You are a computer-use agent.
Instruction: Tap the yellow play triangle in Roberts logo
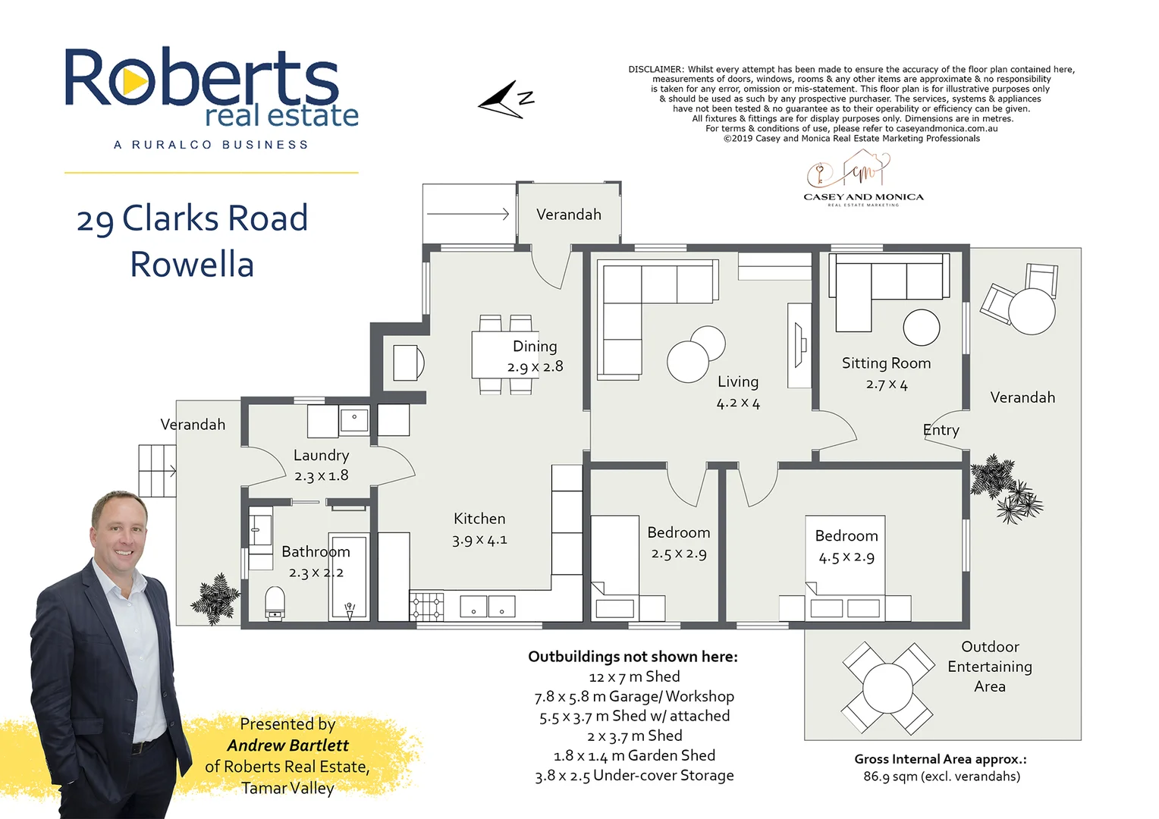[x=134, y=81]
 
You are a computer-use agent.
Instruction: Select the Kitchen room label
[x=479, y=519]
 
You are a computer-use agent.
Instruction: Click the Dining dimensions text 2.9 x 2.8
[x=535, y=367]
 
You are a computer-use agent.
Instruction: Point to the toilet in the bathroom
[x=275, y=604]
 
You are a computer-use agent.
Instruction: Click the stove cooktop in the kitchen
[x=427, y=607]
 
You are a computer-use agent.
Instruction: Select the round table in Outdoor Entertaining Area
[x=887, y=688]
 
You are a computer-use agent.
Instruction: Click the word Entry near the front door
[x=941, y=431]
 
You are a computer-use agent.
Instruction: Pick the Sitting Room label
[x=886, y=363]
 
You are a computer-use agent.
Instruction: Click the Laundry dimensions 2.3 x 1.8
[x=321, y=476]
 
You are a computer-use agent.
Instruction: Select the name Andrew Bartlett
[x=287, y=745]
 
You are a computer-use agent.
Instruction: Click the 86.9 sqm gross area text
[x=941, y=777]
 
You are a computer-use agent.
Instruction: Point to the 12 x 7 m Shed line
[x=634, y=676]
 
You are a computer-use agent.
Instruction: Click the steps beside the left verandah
[x=157, y=471]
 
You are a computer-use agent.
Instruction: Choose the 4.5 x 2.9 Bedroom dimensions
[x=846, y=557]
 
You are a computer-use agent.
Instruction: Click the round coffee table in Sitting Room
[x=921, y=328]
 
